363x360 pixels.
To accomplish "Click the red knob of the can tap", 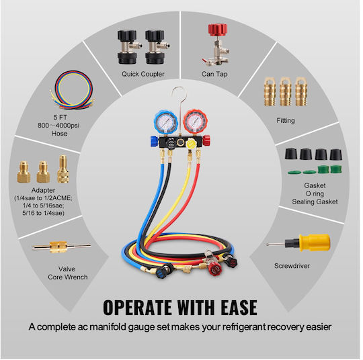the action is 217,30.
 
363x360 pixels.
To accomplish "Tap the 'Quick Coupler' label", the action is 143,74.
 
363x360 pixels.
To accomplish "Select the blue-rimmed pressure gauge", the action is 165,122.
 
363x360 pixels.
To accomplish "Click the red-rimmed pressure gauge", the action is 195,122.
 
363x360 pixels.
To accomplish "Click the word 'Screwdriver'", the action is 292,266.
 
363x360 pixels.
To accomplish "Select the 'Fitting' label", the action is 286,120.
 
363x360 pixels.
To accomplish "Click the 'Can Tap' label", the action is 214,74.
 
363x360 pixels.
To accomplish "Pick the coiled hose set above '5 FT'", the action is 73,89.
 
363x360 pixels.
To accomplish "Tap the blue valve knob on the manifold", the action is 154,141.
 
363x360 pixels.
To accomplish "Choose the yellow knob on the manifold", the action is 191,144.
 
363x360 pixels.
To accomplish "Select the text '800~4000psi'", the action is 58,126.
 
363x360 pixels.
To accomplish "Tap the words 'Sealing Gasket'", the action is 315,201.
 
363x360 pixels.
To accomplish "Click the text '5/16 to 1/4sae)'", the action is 43,213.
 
